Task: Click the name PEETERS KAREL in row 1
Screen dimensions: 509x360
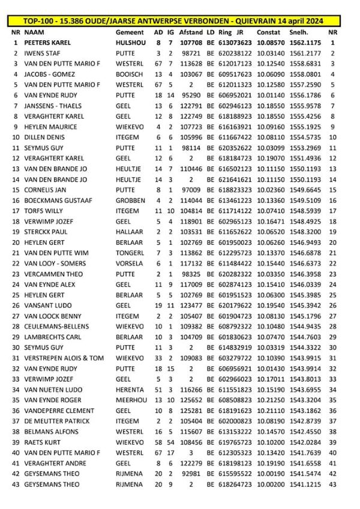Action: [48, 43]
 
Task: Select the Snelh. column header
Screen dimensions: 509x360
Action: [297, 32]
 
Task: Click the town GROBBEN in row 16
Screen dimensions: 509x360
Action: [130, 200]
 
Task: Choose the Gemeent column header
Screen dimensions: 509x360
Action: [130, 32]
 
